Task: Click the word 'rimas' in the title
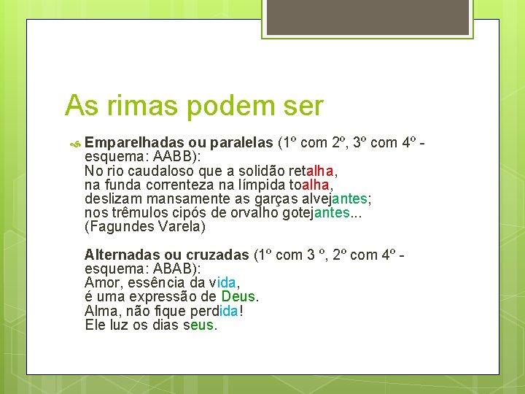(x=139, y=107)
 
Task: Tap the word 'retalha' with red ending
(x=311, y=171)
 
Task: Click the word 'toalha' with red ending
(x=310, y=185)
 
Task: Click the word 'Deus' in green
(x=238, y=297)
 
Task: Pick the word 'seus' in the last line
(x=201, y=325)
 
